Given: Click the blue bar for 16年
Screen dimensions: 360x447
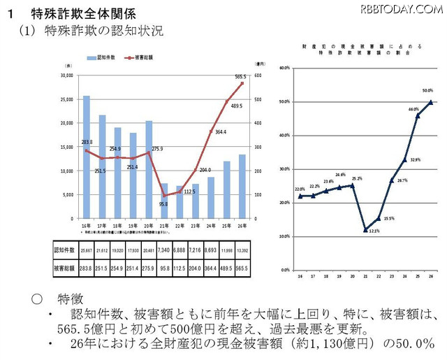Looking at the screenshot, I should pos(86,157).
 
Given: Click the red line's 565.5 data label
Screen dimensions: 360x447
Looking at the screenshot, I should pos(240,76).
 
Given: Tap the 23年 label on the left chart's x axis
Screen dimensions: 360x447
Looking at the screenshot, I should pos(195,226).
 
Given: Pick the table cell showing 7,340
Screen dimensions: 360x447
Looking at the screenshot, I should pos(163,250).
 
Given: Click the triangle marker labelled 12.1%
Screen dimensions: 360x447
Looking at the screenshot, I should pos(365,229).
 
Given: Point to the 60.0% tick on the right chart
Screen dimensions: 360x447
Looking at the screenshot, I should pos(284,68).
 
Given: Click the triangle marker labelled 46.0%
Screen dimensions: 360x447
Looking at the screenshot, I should pos(418,116).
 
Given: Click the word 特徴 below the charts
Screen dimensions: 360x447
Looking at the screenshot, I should pos(72,298).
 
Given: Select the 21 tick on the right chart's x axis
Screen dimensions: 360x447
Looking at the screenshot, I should pos(365,277).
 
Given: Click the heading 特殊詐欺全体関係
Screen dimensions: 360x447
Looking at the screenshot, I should pos(85,13).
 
